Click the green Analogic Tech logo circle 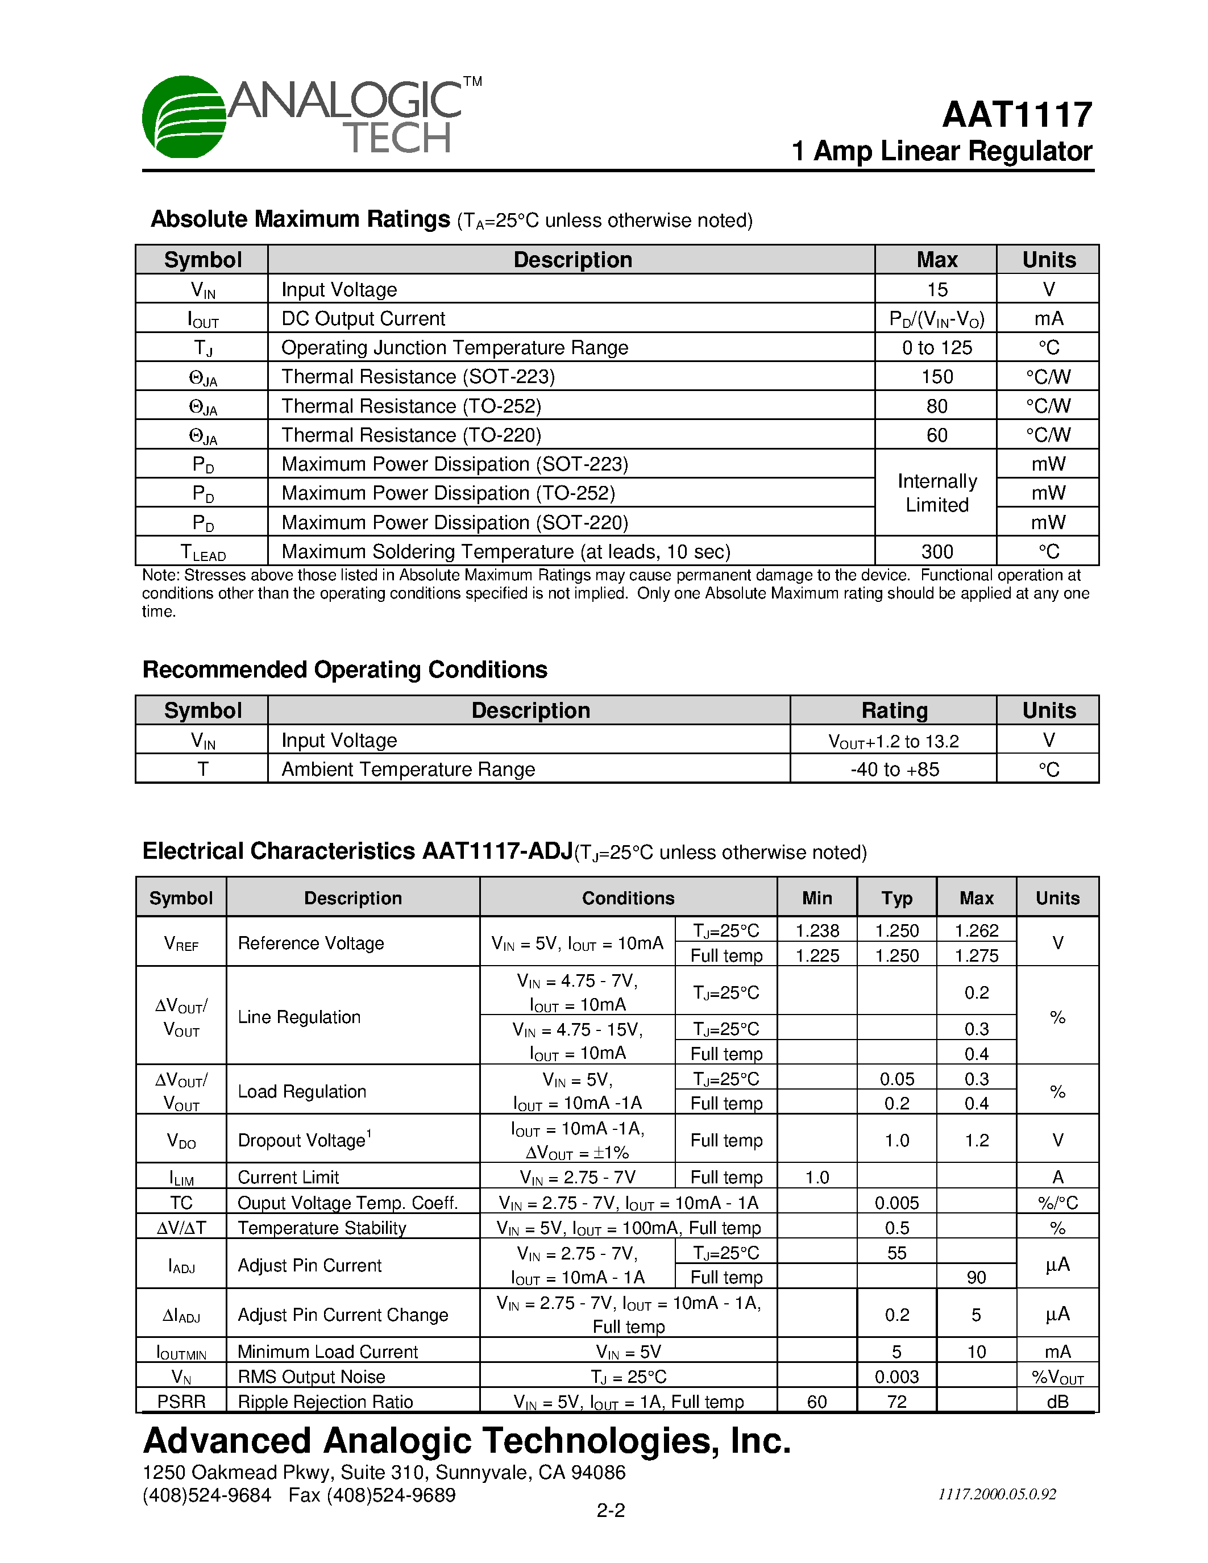coord(184,117)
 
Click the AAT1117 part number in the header coord(1017,114)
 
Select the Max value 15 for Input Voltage coord(936,289)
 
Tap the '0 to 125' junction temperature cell coord(936,348)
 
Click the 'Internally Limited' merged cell coord(936,493)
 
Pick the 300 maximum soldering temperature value coord(936,552)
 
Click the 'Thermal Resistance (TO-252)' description coord(411,406)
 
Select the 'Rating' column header coord(894,710)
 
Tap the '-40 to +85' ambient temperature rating coord(894,770)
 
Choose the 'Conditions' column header coord(628,898)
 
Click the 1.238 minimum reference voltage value coord(816,930)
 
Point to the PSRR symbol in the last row coord(181,1401)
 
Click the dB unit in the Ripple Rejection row coord(1057,1401)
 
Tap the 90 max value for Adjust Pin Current coord(976,1278)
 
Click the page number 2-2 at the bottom coord(611,1511)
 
